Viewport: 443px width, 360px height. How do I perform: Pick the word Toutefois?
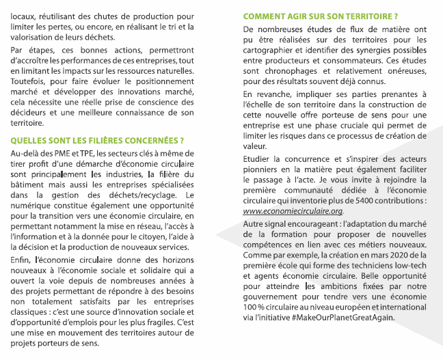tap(28, 82)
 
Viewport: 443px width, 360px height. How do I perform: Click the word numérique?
tap(33, 206)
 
